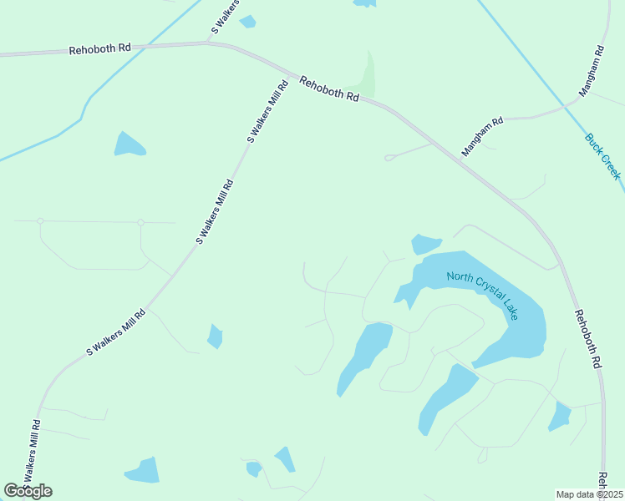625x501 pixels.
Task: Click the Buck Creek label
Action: pyautogui.click(x=602, y=155)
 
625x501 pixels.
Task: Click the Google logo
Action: pyautogui.click(x=28, y=491)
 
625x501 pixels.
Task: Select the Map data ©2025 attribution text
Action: pyautogui.click(x=589, y=494)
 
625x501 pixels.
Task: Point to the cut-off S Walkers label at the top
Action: pyautogui.click(x=225, y=17)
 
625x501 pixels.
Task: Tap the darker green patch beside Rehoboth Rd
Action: pyautogui.click(x=367, y=76)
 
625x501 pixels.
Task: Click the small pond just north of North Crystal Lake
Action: pyautogui.click(x=424, y=244)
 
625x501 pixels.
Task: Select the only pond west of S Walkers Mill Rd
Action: pyautogui.click(x=130, y=145)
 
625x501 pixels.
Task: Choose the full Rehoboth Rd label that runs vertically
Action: pyautogui.click(x=587, y=339)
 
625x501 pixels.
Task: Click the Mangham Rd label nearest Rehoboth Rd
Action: pyautogui.click(x=483, y=136)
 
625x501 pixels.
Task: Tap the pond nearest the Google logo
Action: pyautogui.click(x=143, y=471)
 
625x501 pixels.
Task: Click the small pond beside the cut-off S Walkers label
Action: pyautogui.click(x=247, y=22)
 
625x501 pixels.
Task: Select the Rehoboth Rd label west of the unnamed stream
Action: pyautogui.click(x=99, y=49)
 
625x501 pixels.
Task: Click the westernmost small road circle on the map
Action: pyautogui.click(x=40, y=221)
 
